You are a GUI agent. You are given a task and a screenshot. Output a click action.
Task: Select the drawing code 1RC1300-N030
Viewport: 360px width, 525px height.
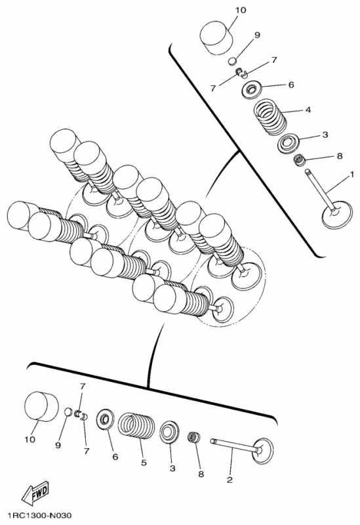[41, 516]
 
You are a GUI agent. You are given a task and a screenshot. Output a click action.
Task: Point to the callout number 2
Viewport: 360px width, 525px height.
[229, 480]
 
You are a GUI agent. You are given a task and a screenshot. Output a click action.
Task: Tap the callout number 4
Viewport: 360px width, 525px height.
[308, 110]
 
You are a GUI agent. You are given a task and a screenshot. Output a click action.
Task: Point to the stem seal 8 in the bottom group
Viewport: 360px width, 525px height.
[193, 437]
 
